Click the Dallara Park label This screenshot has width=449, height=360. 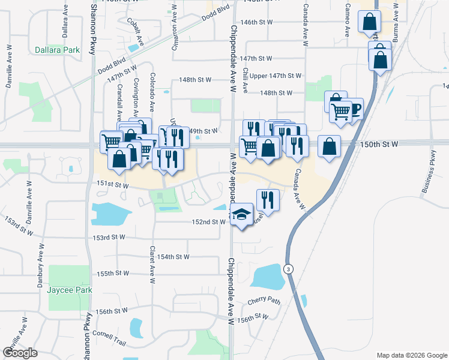tap(57, 50)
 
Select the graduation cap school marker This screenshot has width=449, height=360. tap(241, 214)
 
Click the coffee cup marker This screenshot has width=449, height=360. tap(354, 109)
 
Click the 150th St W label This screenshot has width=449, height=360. tap(379, 145)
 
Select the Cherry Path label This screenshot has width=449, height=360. tap(264, 300)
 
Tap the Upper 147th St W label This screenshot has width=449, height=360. tap(276, 76)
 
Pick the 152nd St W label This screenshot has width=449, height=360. tap(209, 222)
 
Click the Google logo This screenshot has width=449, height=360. tap(20, 352)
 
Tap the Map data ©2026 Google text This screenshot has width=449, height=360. tap(411, 355)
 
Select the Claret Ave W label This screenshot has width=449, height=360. tap(152, 264)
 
